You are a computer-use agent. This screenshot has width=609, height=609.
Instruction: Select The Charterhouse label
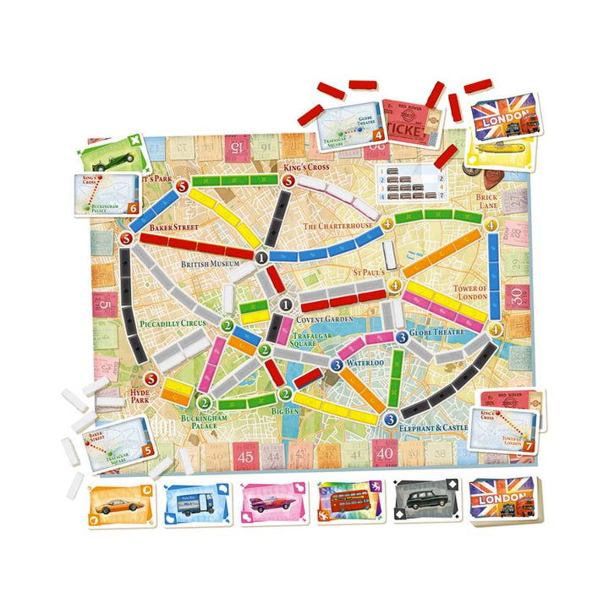pos(337,227)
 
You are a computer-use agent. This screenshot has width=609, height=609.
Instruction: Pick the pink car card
pos(271,504)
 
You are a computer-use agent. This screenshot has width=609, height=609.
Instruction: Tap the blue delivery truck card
pos(195,505)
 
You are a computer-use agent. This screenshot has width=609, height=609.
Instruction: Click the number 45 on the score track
pos(246,456)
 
